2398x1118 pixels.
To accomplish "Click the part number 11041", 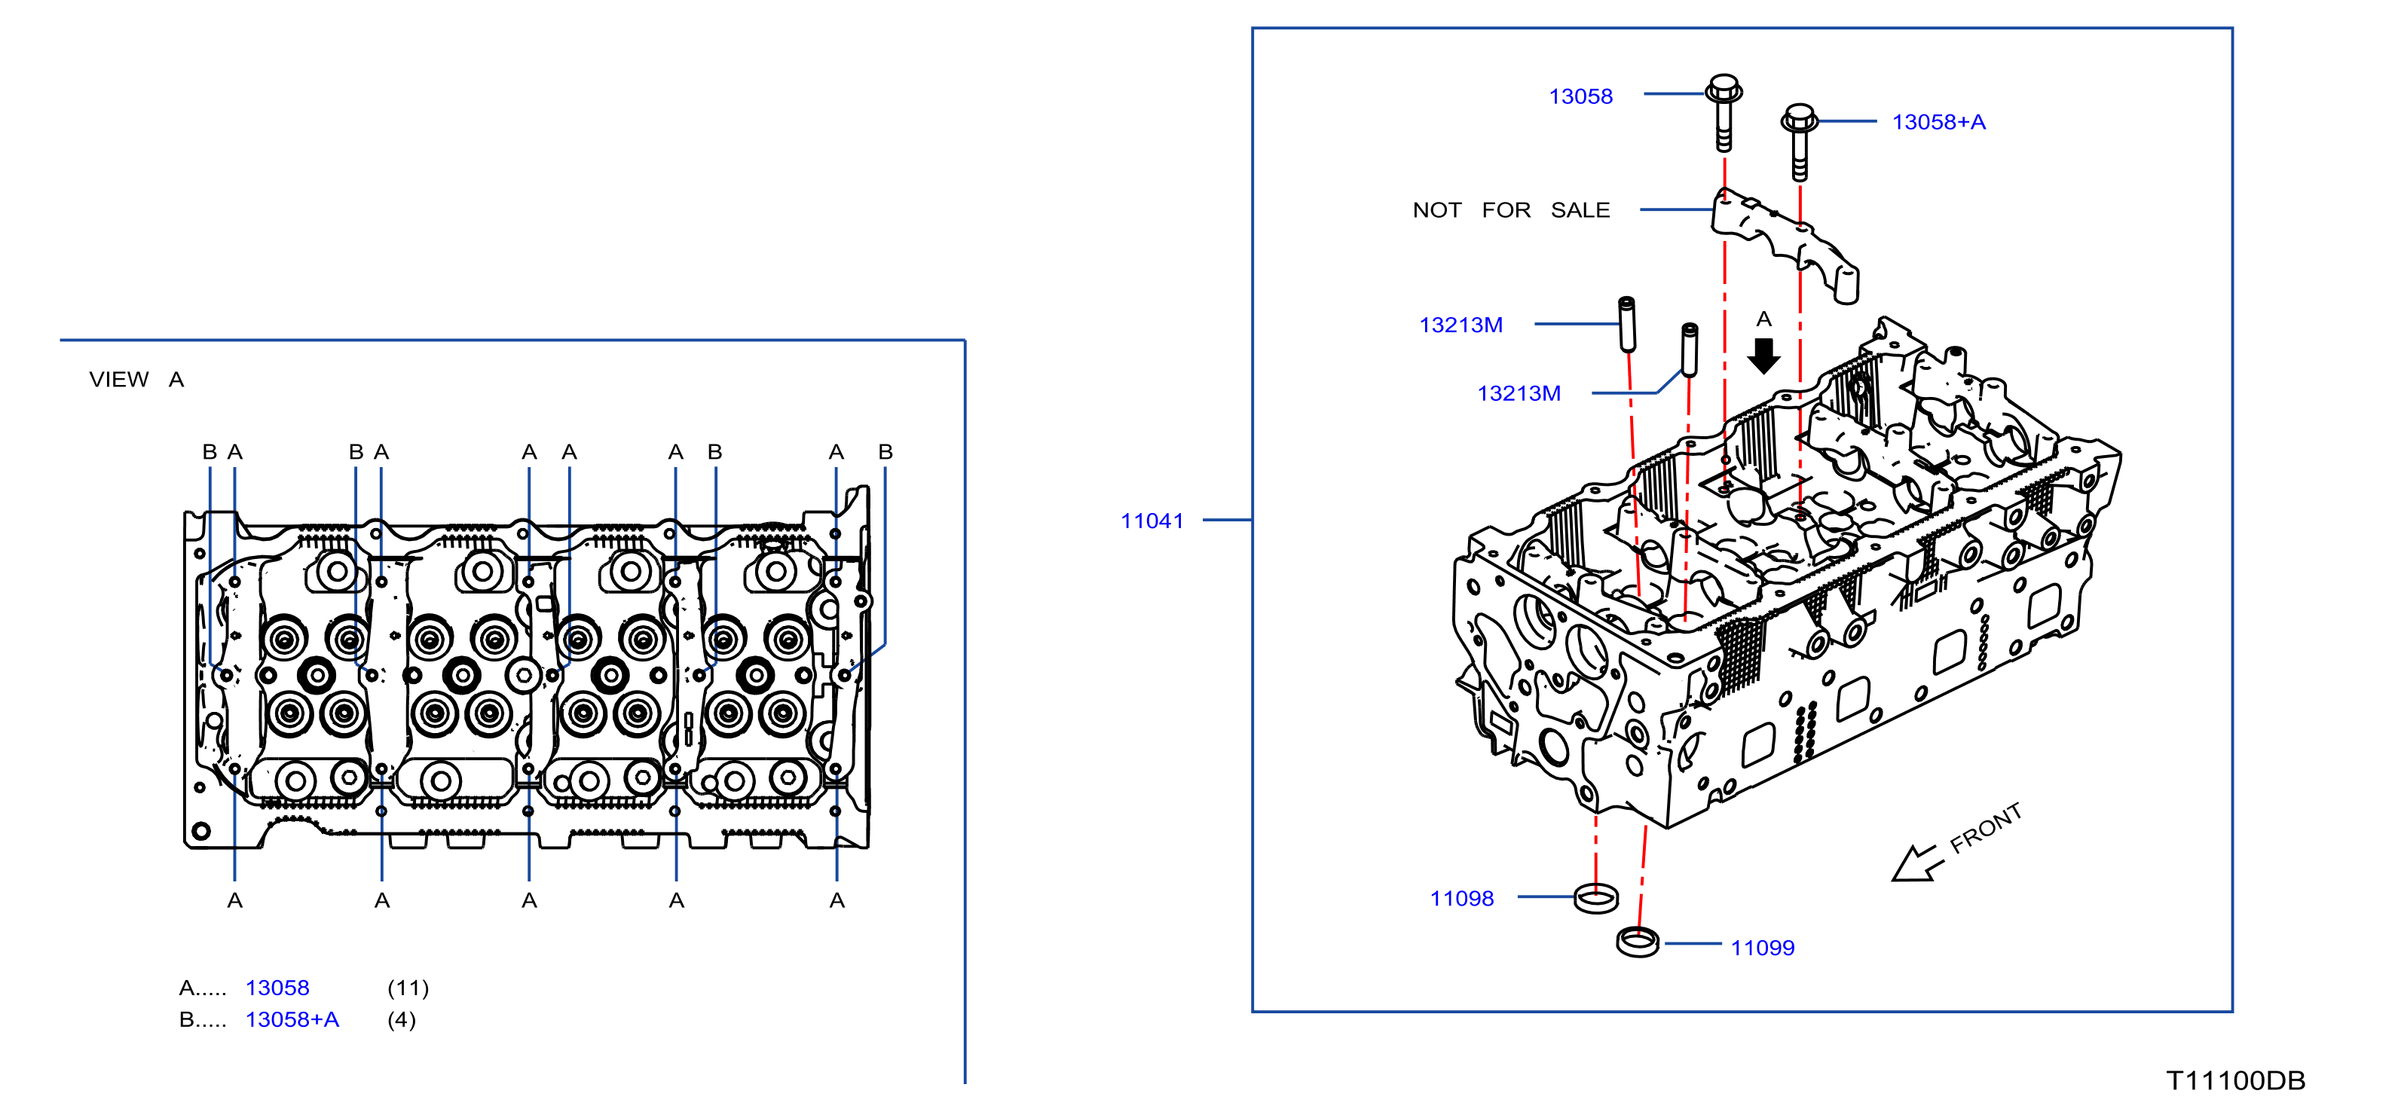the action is pos(1152,521).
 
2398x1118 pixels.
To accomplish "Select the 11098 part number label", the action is pos(1461,898).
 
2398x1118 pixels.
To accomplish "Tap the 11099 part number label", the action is pos(1762,948).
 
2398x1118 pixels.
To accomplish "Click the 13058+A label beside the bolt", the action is pos(1938,122).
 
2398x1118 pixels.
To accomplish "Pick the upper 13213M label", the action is pos(1461,325).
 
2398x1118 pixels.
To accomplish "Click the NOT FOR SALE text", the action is pos(1511,210).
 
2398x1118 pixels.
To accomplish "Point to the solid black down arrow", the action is pos(1763,356).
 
